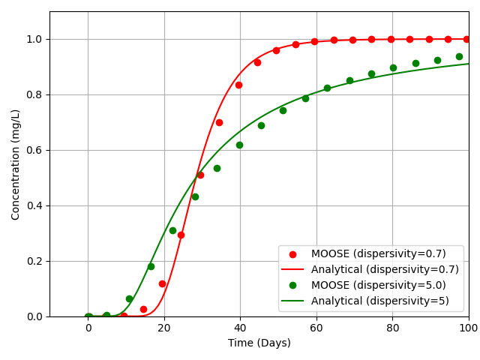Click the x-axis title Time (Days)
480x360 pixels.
(x=259, y=343)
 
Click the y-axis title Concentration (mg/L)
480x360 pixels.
(x=16, y=164)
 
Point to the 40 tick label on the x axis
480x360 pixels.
(x=240, y=328)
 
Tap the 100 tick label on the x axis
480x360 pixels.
(x=468, y=328)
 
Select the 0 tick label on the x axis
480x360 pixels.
(x=88, y=328)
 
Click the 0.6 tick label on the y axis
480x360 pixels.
(x=33, y=150)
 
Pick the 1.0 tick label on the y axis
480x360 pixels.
(x=33, y=39)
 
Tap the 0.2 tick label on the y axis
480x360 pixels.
(x=33, y=261)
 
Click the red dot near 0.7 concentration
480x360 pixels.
(x=219, y=122)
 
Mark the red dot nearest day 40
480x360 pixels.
(x=238, y=85)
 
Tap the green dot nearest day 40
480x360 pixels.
(x=239, y=145)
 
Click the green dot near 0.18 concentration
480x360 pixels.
(x=151, y=266)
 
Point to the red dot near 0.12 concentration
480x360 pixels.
(x=162, y=283)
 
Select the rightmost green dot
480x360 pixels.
(x=459, y=56)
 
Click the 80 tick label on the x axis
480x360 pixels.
(x=392, y=328)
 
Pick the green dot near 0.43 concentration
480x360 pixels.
(x=195, y=196)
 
